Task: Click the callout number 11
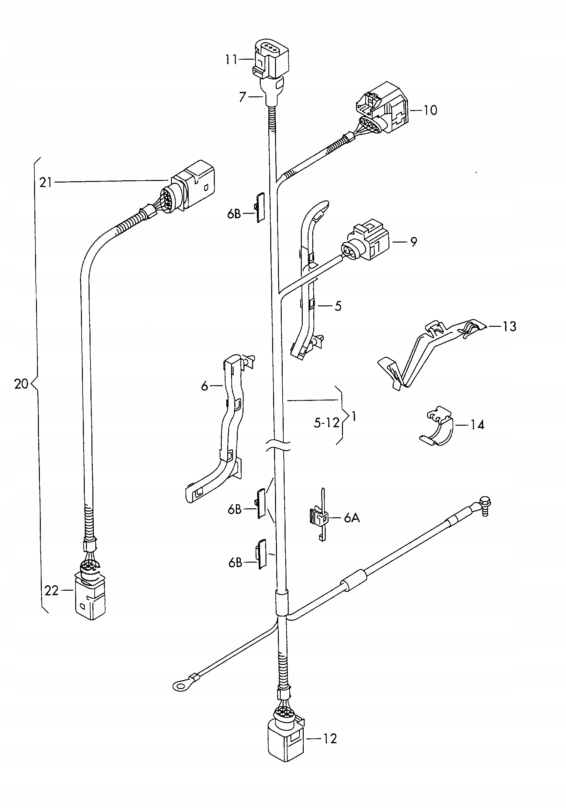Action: [x=231, y=59]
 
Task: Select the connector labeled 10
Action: [x=383, y=107]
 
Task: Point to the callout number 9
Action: [x=413, y=242]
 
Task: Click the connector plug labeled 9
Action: [x=367, y=241]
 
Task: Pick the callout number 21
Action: [x=45, y=183]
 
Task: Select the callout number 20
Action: [x=21, y=384]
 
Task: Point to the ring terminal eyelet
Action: [x=180, y=685]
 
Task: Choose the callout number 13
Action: [x=509, y=326]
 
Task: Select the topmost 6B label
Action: [x=234, y=213]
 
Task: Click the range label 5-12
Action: [x=326, y=422]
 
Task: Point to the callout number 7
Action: [x=242, y=97]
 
